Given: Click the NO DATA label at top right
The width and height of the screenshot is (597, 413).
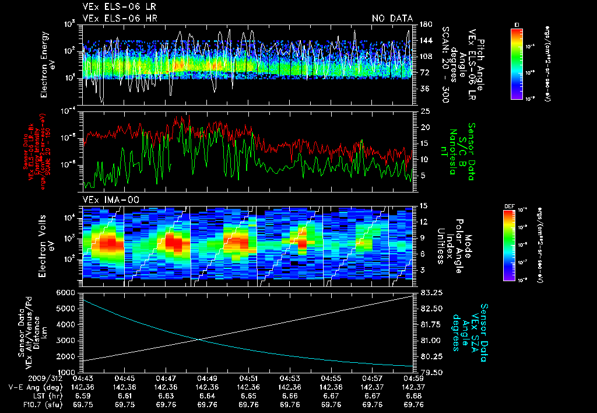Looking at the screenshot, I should [x=392, y=19].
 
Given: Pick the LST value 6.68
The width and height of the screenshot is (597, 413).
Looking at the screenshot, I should [x=403, y=395].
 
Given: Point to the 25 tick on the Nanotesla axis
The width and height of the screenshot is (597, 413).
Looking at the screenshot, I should [x=425, y=111].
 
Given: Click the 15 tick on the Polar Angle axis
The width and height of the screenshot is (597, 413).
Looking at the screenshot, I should [x=424, y=205].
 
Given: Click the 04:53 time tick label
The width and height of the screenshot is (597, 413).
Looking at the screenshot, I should [x=290, y=378].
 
